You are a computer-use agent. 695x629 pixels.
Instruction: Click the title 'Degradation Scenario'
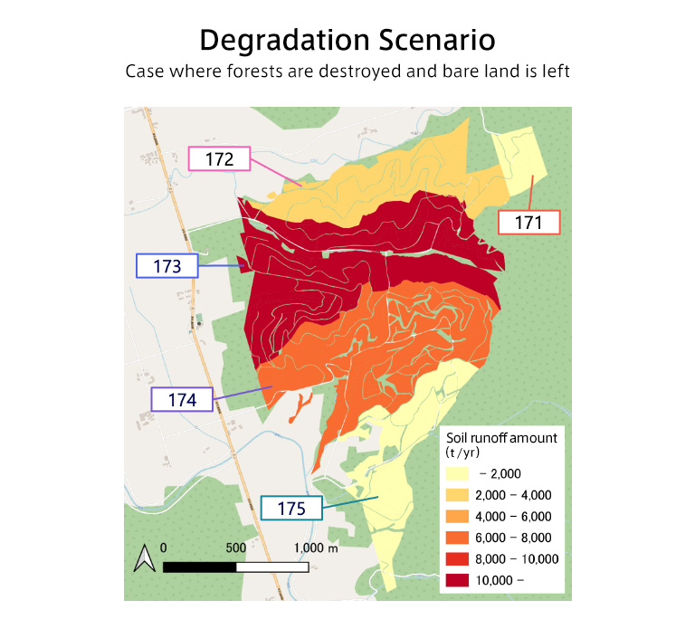(347, 41)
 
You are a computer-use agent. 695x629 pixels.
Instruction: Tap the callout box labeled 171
(529, 222)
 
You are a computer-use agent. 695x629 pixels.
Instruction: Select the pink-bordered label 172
(218, 159)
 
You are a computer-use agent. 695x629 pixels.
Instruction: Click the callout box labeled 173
(167, 266)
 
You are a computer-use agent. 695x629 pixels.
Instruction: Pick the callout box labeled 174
(181, 398)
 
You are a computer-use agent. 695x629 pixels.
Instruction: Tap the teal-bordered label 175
(291, 508)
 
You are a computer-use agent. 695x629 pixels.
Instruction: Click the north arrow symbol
(143, 559)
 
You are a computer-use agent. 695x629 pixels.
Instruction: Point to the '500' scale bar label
(235, 548)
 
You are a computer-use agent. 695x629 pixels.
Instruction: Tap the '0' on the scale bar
(163, 548)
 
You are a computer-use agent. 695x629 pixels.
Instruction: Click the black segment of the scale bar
(199, 567)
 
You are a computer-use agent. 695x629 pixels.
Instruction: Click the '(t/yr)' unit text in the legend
(466, 453)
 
